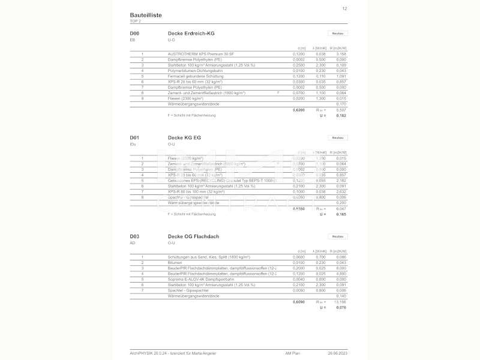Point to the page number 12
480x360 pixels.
[344, 8]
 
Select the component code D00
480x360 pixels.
[134, 33]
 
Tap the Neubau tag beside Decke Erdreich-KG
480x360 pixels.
[337, 33]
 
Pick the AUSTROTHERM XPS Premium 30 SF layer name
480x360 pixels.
[199, 54]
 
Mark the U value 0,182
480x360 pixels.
[341, 115]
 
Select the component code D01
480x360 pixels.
[134, 137]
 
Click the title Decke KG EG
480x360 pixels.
[184, 137]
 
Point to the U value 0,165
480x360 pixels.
[341, 214]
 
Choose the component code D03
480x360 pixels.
[134, 236]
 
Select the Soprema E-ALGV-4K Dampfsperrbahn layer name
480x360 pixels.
[202, 280]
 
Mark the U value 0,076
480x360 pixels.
[341, 307]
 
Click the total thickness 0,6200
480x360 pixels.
[298, 110]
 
